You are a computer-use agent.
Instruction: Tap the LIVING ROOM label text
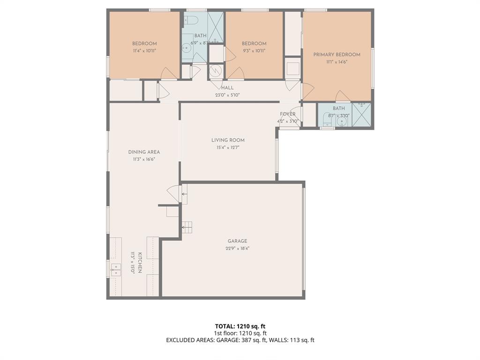pos(228,140)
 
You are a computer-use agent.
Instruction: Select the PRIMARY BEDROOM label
pos(337,55)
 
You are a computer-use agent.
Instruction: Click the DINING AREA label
pos(144,152)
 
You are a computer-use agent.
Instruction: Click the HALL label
pos(227,88)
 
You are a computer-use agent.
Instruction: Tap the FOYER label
pos(288,114)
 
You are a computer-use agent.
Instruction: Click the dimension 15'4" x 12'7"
pos(228,148)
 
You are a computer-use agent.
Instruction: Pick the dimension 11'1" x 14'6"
pos(337,62)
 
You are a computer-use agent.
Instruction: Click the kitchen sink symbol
pos(115,270)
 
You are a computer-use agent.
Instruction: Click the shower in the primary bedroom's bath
pos(361,114)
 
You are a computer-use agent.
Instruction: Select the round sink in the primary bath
pos(342,122)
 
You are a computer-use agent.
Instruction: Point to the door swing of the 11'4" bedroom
pos(169,74)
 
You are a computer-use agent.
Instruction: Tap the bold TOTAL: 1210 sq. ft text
pos(240,326)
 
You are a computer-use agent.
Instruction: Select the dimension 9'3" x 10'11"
pos(254,51)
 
